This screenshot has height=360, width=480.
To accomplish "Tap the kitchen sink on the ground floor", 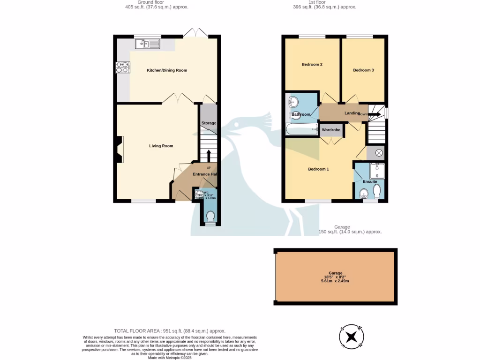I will tap(147, 44).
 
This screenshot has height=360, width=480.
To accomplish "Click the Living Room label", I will tap(161, 146).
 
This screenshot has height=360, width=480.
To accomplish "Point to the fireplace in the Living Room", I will tap(120, 150).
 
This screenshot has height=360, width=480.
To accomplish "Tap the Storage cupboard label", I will tap(209, 123).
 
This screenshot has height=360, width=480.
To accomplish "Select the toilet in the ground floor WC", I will tap(210, 216).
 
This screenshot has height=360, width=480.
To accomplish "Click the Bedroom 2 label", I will tap(312, 64).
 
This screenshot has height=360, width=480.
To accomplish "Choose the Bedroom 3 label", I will tap(363, 70).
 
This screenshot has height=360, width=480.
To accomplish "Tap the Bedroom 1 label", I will tap(318, 169).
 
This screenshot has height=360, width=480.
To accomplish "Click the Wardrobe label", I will tap(331, 129).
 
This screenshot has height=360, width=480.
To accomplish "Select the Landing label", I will tap(352, 113).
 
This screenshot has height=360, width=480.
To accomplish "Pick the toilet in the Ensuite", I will tap(377, 191).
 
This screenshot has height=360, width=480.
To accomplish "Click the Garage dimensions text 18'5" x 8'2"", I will tap(336, 277).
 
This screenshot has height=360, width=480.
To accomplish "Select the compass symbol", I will tap(351, 337).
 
